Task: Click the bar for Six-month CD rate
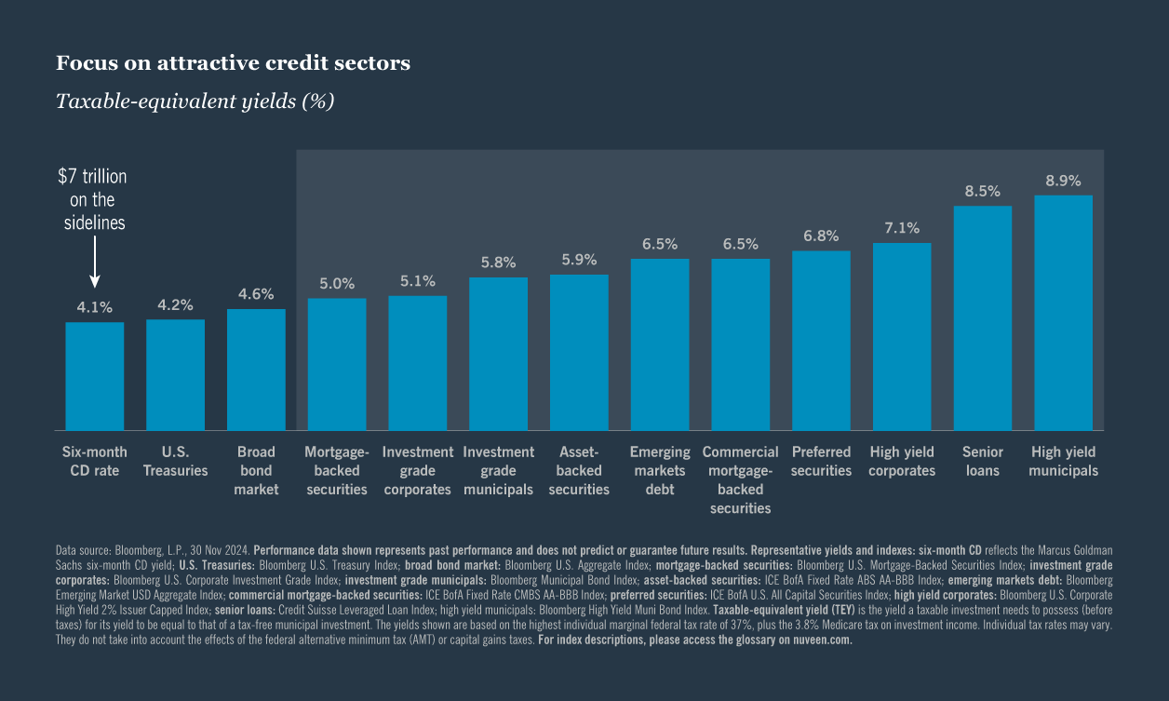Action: click(94, 376)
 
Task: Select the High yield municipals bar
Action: click(1063, 313)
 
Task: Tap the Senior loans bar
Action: click(982, 317)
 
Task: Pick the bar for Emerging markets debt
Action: click(660, 344)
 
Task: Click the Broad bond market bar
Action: click(256, 370)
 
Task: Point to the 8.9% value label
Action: click(1063, 181)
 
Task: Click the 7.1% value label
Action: click(902, 228)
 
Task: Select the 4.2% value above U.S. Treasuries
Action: click(175, 304)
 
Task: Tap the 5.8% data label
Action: click(498, 263)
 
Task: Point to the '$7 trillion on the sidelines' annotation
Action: click(93, 199)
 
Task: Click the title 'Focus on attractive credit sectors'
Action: click(233, 63)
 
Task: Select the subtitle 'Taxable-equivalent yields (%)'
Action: click(195, 101)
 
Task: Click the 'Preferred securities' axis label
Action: click(821, 461)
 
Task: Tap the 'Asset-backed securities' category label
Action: click(579, 470)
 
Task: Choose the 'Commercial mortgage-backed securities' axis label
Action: click(740, 479)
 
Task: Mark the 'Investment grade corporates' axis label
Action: click(417, 470)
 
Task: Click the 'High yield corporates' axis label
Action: click(902, 461)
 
